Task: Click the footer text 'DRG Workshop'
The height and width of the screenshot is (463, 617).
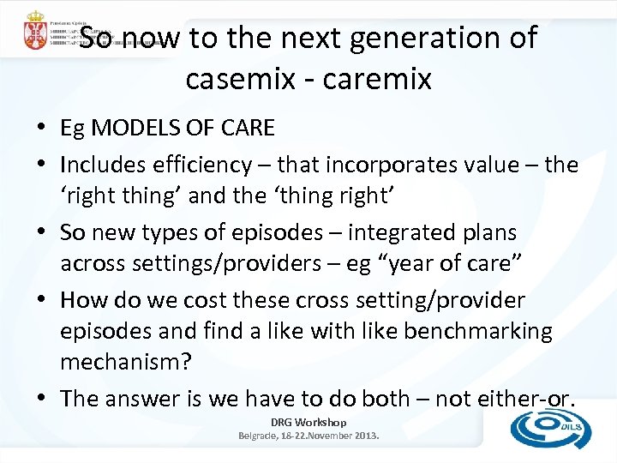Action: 308,422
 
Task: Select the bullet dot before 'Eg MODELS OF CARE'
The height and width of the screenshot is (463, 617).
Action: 41,129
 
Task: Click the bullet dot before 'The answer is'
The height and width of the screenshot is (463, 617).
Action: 41,399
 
